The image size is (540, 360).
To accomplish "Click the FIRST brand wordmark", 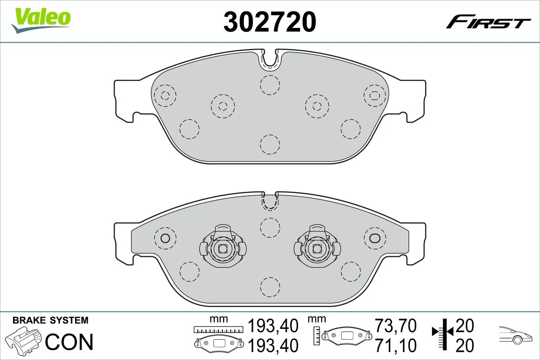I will point(488,22).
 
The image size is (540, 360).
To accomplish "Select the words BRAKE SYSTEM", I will point(50,321).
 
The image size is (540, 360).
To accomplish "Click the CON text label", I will point(70,342).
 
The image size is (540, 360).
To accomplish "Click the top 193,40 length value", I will point(274,325).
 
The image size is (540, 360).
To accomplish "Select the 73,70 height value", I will point(396,325).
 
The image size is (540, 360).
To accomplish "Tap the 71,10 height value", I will point(396,346).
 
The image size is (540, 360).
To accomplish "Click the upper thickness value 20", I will point(465,324).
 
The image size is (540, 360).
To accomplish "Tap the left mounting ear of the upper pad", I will point(124,100).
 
